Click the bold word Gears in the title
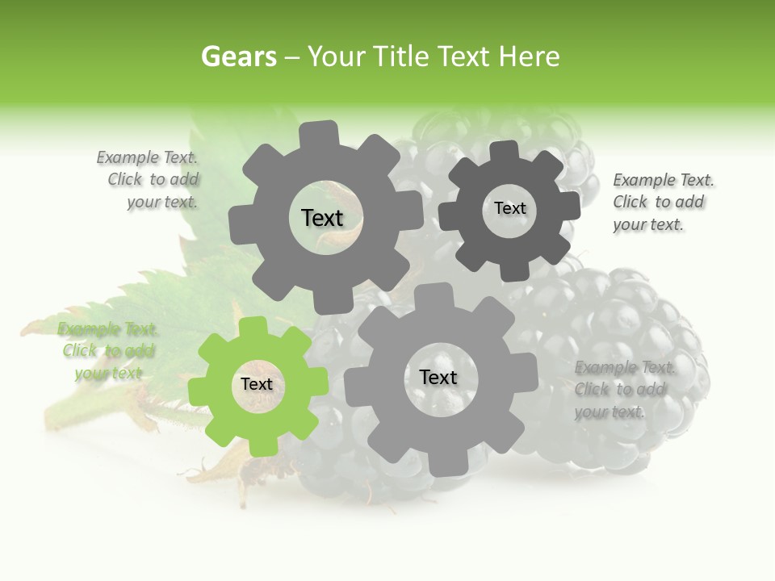click(x=238, y=56)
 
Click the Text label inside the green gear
click(x=257, y=385)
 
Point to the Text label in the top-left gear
click(x=322, y=218)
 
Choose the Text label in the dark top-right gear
click(x=509, y=208)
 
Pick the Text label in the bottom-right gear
click(x=438, y=377)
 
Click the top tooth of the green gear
click(x=253, y=327)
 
